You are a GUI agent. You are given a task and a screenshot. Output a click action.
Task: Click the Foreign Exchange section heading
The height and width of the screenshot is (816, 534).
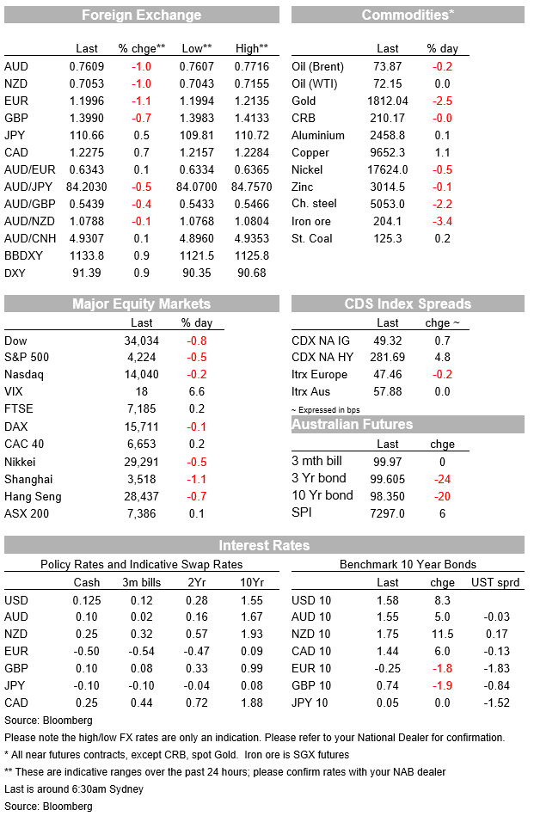click(142, 15)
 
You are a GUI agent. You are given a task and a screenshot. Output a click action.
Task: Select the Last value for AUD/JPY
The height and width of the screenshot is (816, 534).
click(86, 187)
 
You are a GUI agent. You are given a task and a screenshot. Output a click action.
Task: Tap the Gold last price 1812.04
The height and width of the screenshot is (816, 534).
click(388, 101)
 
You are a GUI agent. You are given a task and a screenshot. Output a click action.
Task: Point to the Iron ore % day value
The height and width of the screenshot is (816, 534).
click(442, 221)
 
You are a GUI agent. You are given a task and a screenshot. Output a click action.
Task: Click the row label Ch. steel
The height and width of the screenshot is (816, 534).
click(314, 204)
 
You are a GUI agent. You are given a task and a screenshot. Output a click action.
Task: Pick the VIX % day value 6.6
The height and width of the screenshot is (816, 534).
click(197, 391)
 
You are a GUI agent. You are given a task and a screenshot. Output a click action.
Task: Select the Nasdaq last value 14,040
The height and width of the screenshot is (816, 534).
click(142, 374)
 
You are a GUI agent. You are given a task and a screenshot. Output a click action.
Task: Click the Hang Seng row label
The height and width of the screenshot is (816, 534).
click(33, 496)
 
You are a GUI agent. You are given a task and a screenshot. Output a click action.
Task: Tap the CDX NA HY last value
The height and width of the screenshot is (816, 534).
click(388, 357)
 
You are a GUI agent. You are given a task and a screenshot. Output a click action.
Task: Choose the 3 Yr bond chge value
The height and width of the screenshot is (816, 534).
click(442, 479)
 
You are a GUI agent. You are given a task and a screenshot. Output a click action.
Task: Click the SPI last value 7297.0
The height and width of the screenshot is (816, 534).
click(388, 513)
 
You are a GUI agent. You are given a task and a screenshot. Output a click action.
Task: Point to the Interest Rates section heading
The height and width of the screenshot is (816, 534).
click(264, 545)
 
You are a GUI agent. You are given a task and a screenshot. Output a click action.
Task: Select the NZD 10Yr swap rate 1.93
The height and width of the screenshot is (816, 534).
click(252, 634)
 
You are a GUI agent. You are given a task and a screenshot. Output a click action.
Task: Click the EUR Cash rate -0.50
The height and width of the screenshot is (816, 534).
click(86, 651)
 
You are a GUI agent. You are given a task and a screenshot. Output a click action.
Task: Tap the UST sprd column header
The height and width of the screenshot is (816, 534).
click(495, 582)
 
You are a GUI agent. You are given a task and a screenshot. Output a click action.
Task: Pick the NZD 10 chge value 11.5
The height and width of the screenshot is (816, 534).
click(442, 634)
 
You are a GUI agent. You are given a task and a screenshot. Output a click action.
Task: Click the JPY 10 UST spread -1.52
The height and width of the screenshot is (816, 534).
click(496, 702)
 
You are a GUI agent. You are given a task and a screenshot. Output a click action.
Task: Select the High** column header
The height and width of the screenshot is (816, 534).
click(252, 48)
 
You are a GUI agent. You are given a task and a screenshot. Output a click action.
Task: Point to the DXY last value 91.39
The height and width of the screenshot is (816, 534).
click(86, 273)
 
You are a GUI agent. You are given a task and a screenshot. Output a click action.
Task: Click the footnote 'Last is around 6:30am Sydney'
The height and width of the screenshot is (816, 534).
click(74, 789)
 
